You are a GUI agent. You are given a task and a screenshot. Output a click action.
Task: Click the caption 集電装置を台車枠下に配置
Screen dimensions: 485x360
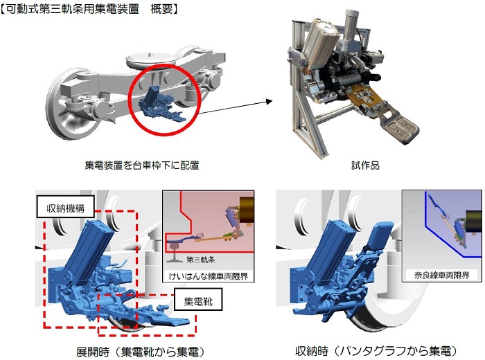(x=142, y=165)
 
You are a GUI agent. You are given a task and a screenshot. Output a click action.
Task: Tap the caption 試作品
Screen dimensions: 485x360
(x=365, y=165)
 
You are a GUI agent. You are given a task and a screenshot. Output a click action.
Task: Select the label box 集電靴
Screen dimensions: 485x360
(x=198, y=300)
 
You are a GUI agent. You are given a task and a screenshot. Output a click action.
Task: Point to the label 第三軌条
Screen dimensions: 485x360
(x=200, y=259)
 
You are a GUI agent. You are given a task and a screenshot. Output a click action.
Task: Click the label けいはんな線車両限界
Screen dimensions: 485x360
(x=208, y=276)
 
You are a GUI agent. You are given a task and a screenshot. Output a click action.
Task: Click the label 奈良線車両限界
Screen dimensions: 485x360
(x=442, y=275)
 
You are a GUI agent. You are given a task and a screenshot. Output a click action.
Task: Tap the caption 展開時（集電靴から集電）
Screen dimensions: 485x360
(x=141, y=352)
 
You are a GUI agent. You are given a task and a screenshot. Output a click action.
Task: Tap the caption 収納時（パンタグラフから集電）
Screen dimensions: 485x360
(x=376, y=351)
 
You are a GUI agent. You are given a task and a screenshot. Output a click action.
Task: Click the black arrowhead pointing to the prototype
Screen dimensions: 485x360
(x=269, y=101)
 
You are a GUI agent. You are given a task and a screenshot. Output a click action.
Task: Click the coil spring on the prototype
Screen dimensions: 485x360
(x=346, y=82)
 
